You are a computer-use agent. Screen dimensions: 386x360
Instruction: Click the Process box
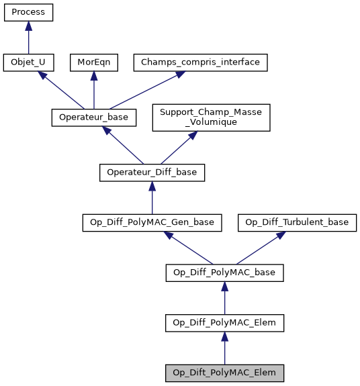[x=28, y=13]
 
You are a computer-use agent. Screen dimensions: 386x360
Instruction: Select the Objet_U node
[x=28, y=63]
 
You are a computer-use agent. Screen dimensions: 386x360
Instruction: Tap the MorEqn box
[x=93, y=63]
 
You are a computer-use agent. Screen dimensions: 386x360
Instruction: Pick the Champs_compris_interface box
[x=201, y=63]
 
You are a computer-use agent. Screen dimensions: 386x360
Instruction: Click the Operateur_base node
[x=93, y=117]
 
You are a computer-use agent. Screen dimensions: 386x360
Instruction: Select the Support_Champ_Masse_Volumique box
[x=211, y=117]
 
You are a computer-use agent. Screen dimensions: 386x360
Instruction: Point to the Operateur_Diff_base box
[x=152, y=173]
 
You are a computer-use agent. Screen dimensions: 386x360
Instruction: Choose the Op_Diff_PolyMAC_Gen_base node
[x=152, y=222]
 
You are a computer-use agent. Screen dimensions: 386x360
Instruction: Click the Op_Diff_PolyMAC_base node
[x=224, y=273]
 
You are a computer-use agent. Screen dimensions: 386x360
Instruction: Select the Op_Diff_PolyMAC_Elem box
[x=224, y=323]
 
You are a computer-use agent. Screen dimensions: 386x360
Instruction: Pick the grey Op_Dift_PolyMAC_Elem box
[x=224, y=373]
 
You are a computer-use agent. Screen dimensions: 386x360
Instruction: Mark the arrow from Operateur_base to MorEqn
[x=93, y=90]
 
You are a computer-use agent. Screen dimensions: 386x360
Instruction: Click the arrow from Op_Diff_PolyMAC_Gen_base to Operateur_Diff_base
[x=152, y=197]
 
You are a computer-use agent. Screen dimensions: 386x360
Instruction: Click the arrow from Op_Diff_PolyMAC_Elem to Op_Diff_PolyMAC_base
[x=224, y=298]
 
